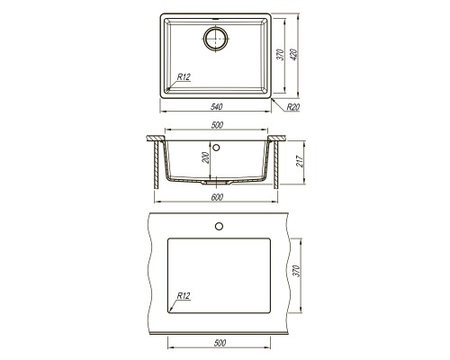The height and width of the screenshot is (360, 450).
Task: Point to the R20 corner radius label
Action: pos(292,107)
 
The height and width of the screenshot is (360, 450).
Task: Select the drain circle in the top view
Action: pos(216,39)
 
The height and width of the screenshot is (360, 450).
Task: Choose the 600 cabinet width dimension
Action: pos(217,198)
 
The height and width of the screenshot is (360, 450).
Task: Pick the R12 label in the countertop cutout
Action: pos(183,294)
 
